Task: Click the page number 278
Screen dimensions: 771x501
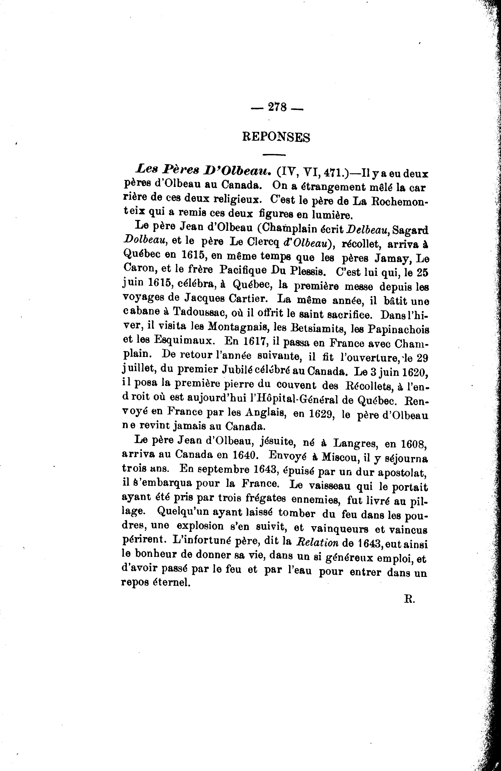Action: (x=277, y=107)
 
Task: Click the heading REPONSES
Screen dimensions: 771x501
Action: (x=276, y=137)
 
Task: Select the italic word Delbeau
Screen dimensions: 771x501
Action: (x=368, y=230)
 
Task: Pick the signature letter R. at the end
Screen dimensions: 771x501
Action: (x=409, y=599)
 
